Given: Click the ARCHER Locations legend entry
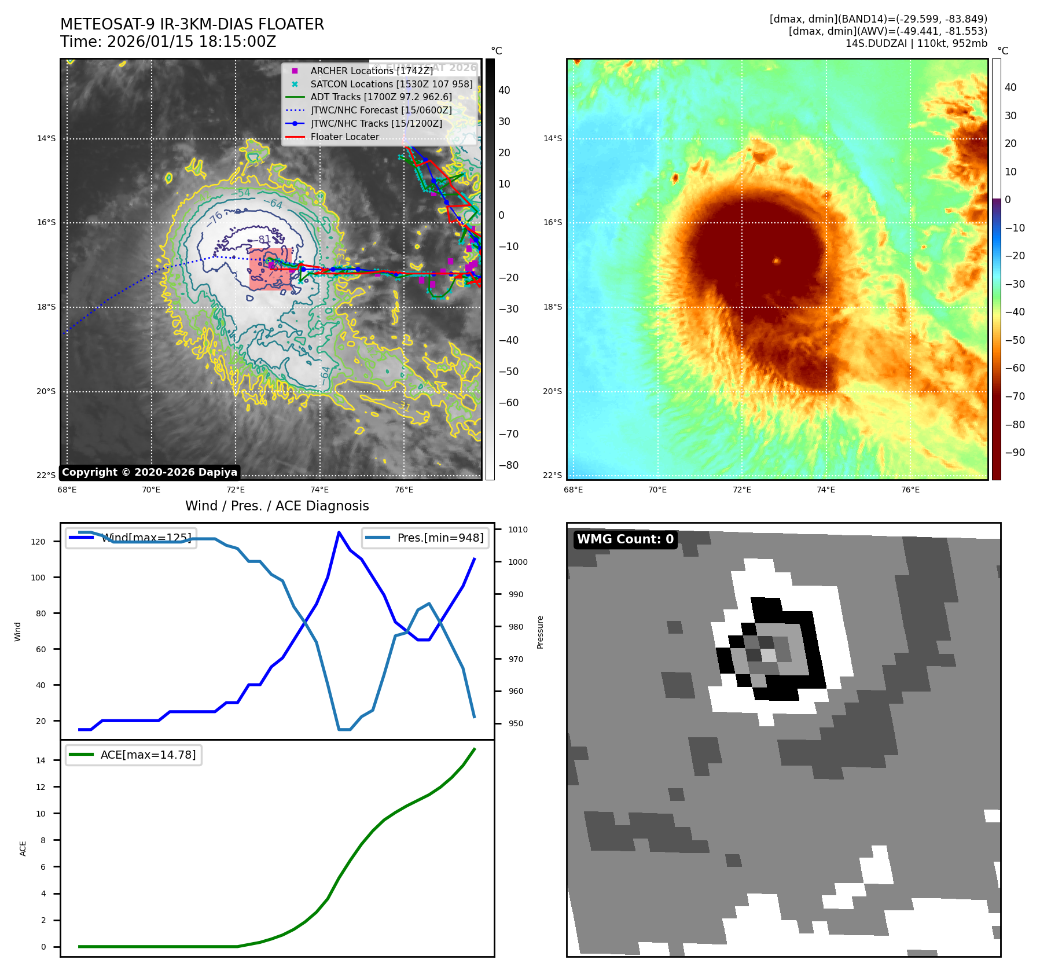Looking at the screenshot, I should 371,71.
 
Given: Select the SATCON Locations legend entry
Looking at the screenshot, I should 391,84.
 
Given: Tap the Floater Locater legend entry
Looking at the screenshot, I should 344,137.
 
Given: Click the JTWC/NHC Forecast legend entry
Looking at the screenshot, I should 381,110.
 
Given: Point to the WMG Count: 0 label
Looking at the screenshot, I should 625,539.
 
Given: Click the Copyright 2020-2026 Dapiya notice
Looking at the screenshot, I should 149,472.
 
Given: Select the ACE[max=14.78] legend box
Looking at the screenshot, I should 134,755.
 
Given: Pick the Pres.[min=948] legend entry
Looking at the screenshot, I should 425,538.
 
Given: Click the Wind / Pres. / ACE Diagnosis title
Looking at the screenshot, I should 277,506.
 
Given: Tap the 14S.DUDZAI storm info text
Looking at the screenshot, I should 916,43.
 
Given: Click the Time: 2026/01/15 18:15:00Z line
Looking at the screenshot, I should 168,42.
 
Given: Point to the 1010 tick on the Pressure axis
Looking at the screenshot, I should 517,530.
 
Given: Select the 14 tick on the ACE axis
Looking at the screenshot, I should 41,760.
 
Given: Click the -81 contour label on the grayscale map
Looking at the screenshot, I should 264,239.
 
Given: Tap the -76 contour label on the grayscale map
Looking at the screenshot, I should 215,218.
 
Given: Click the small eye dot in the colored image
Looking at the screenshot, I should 776,260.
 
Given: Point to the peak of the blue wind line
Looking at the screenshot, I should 339,532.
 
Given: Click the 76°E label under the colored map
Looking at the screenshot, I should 910,490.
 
